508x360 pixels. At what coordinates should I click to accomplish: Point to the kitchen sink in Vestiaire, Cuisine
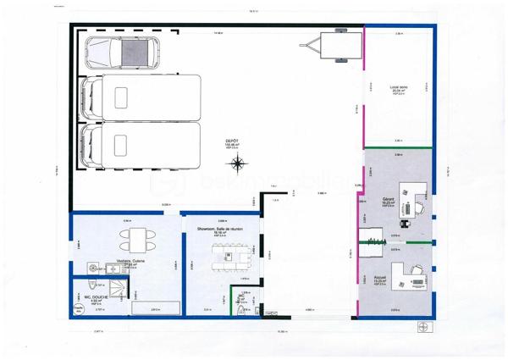112,269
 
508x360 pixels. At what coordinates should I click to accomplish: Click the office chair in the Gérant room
406,207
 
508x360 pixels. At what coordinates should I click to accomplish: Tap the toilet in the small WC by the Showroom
242,310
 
